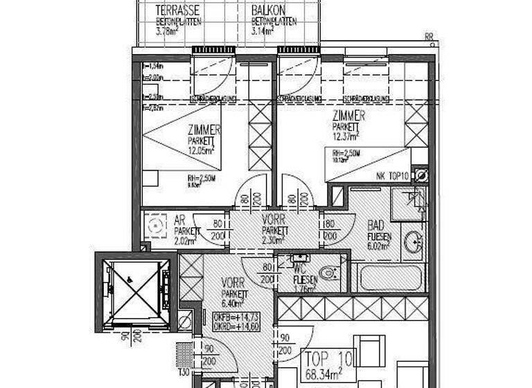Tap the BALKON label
[x=266, y=11]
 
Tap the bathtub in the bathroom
[x=389, y=279]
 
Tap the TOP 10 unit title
[x=329, y=360]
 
